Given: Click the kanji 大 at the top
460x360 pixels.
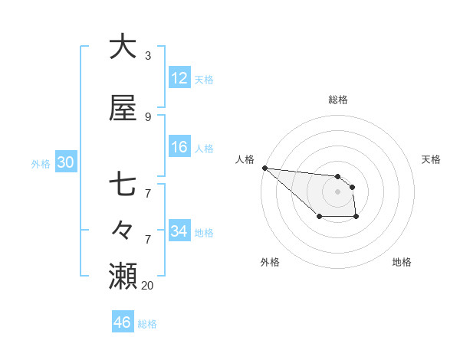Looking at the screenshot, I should (123, 47).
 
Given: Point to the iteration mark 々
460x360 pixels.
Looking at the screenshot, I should (123, 229).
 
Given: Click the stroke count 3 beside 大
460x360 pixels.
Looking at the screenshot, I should (147, 56).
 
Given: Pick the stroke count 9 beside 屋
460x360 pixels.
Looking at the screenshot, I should (147, 117).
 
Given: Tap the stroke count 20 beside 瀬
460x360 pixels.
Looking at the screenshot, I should (148, 286).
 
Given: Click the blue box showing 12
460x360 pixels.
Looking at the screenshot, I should (179, 78).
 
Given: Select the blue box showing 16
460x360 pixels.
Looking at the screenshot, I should (179, 148).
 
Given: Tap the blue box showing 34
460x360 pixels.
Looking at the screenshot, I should (179, 231).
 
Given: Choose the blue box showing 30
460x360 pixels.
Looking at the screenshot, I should (65, 162).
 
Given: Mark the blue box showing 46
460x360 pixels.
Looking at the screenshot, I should (123, 322).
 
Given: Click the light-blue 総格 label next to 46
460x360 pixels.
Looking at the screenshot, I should (147, 324).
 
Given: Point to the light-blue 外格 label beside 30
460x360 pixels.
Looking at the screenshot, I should (41, 163).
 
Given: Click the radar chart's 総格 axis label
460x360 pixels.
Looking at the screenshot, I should (338, 100).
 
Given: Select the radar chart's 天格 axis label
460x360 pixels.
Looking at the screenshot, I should (432, 159).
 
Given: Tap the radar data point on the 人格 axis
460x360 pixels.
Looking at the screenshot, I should (264, 168).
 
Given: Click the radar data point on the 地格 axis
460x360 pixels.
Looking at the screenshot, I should (356, 218).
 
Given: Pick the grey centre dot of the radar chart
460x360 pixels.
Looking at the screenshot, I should (337, 191).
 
